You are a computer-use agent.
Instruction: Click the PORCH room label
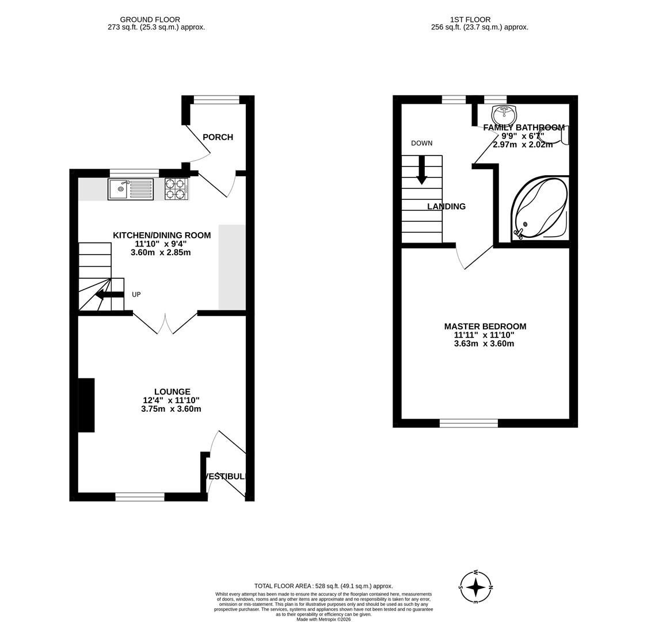(218, 137)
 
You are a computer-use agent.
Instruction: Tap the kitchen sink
(130, 189)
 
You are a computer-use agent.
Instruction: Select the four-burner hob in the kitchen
(176, 189)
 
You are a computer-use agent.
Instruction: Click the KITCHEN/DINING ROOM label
(162, 236)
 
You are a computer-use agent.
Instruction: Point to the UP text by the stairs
(136, 295)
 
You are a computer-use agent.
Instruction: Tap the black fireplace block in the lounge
(86, 405)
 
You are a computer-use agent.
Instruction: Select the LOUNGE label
(172, 392)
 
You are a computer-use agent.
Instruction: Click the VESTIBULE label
(226, 476)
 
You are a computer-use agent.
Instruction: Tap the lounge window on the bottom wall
(140, 496)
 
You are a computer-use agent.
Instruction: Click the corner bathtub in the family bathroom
(540, 208)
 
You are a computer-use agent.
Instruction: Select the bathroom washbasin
(504, 113)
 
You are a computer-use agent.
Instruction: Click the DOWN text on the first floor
(421, 143)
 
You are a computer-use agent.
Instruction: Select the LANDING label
(446, 207)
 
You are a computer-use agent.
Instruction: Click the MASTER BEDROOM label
(485, 327)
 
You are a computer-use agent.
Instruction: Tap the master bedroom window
(469, 423)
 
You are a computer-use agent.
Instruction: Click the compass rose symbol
(475, 587)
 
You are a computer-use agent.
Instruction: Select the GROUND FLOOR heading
(150, 20)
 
